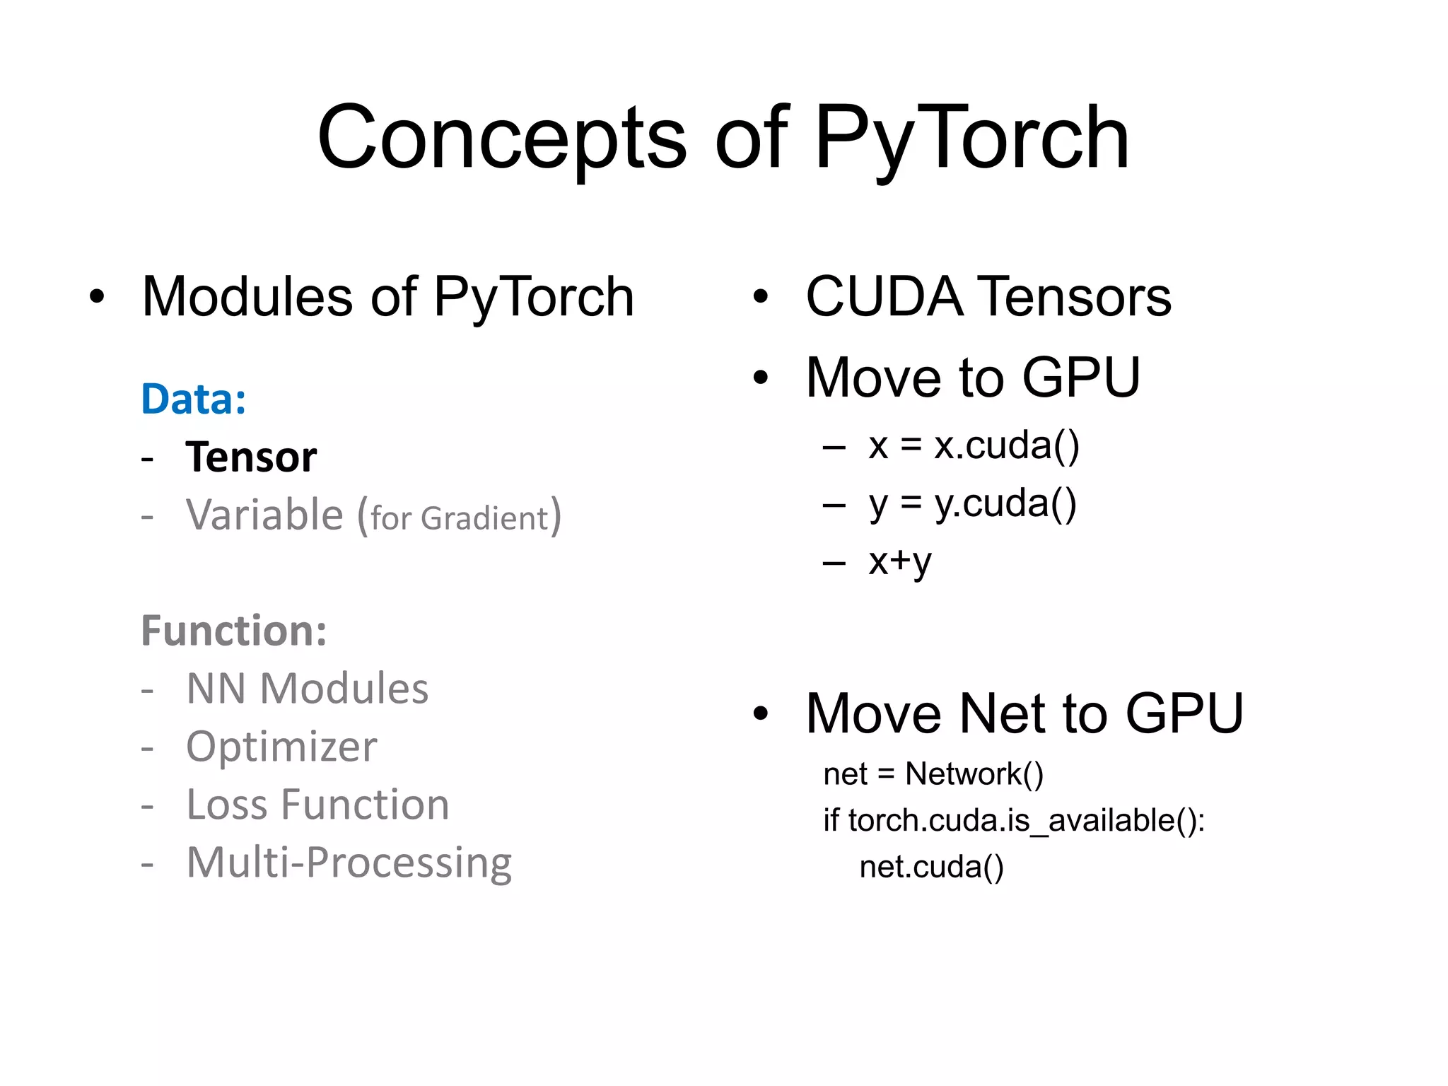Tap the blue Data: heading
coord(194,399)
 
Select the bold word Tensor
coord(251,457)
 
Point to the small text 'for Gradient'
coord(460,518)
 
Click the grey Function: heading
coord(234,630)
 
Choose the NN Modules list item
coord(307,688)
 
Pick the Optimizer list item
coord(281,746)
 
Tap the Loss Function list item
coord(317,804)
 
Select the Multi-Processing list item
coord(349,862)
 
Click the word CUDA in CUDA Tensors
coord(884,296)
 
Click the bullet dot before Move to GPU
coord(760,378)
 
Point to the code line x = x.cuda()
coord(974,445)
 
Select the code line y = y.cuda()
coord(972,503)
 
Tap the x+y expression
coord(900,561)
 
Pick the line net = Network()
coord(933,773)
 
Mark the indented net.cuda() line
coord(931,867)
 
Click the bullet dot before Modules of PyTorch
coord(97,296)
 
